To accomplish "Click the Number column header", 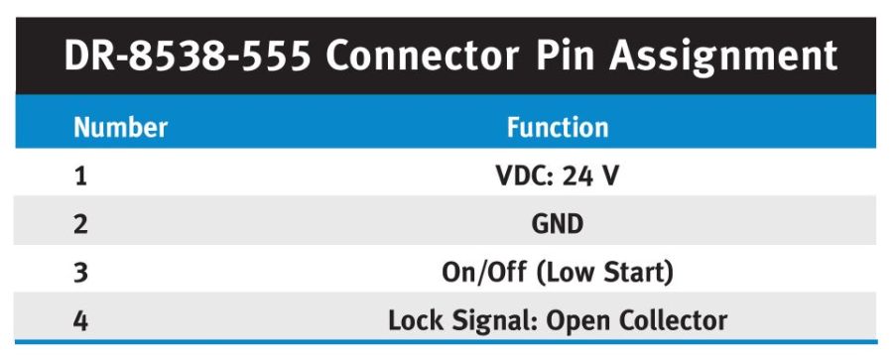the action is pos(120,128).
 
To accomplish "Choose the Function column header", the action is pos(558,128).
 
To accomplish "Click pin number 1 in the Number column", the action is pos(80,177).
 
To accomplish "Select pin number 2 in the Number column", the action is pos(80,224).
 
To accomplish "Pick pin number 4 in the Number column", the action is pos(80,320).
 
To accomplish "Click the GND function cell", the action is pos(558,224).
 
